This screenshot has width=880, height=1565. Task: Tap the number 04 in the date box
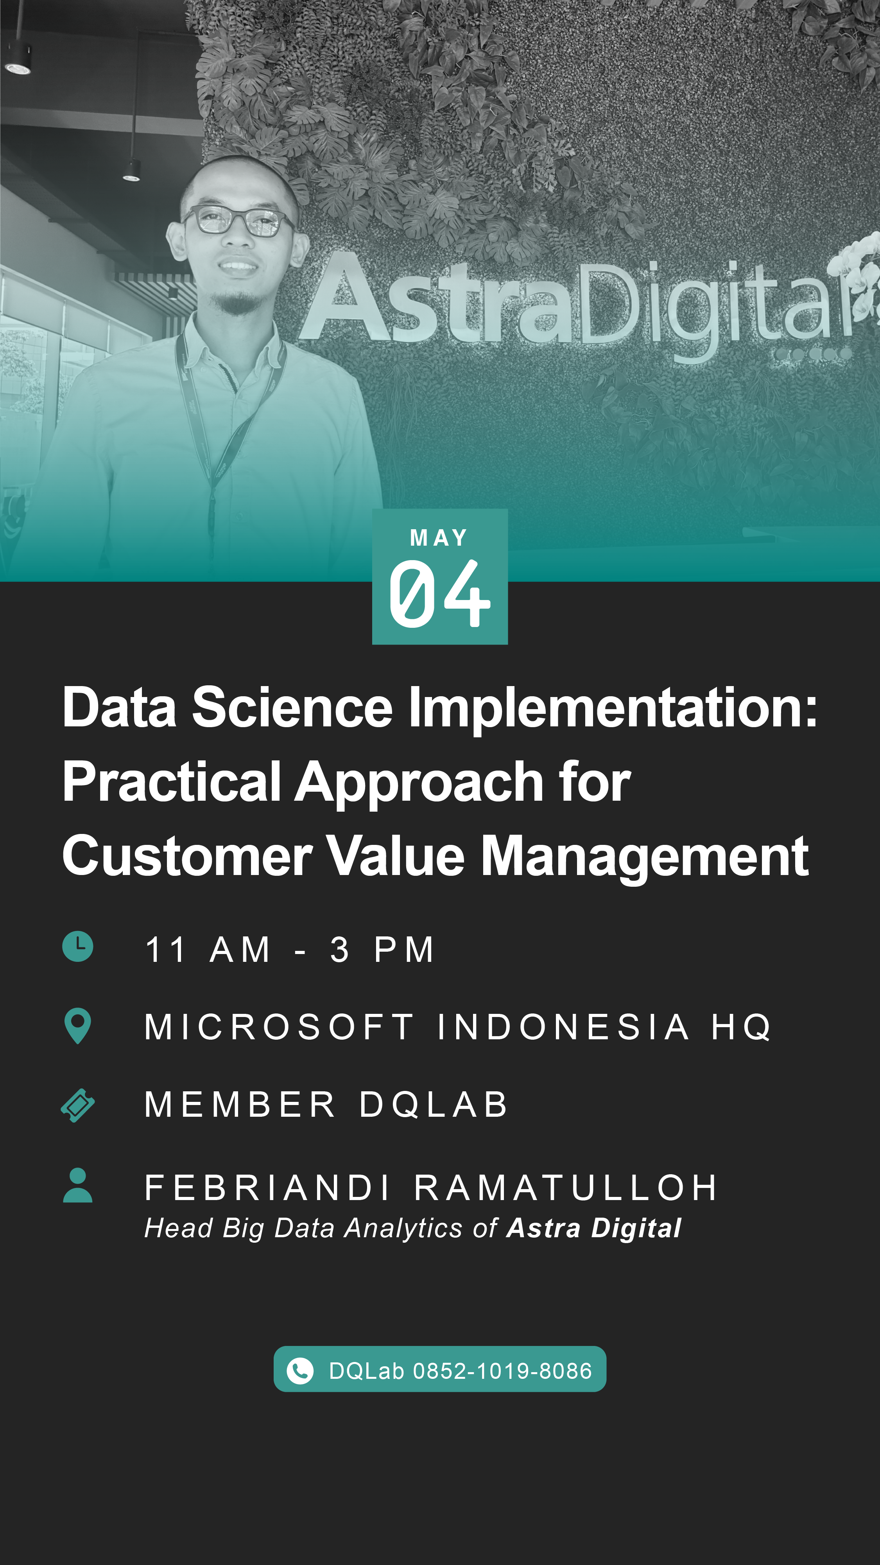[x=439, y=593]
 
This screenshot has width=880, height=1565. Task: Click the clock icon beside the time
[x=78, y=946]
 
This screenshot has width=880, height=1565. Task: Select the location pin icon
[x=78, y=1026]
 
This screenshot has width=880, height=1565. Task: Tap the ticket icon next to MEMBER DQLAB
[x=78, y=1105]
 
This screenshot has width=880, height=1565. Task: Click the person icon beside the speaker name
[x=78, y=1185]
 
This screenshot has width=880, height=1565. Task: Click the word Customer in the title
[x=187, y=855]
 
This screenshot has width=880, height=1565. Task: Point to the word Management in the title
[x=644, y=858]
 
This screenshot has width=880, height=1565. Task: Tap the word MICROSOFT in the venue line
[x=279, y=1027]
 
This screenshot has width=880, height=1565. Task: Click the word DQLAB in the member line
[x=433, y=1105]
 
